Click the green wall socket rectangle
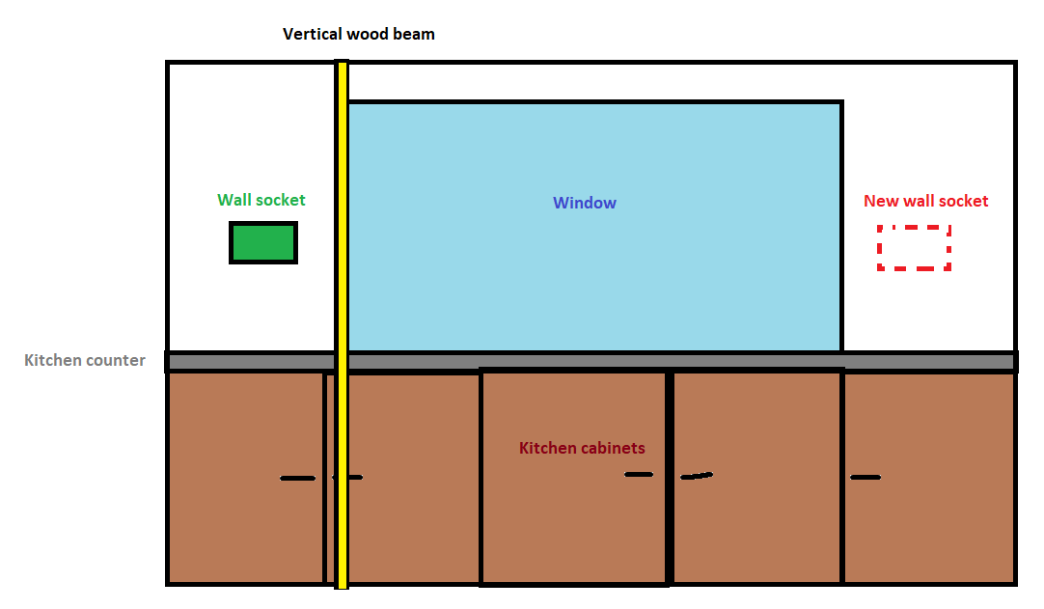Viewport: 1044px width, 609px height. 263,242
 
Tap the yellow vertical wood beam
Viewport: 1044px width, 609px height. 342,324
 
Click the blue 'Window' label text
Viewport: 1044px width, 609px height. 585,203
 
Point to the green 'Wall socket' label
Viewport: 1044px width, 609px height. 261,200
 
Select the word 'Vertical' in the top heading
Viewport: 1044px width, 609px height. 313,34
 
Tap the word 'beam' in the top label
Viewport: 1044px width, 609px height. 414,34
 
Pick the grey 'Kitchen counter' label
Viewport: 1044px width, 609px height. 85,360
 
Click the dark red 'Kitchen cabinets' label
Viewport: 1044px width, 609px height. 582,448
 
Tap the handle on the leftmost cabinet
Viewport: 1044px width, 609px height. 297,479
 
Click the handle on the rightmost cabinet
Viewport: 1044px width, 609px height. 865,477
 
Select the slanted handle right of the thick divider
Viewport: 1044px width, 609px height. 697,476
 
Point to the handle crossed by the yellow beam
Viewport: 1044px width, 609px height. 347,477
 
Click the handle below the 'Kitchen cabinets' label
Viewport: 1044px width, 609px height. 639,475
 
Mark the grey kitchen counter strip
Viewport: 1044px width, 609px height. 591,362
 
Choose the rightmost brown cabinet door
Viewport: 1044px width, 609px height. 929,478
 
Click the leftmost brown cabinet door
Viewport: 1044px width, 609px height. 246,478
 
